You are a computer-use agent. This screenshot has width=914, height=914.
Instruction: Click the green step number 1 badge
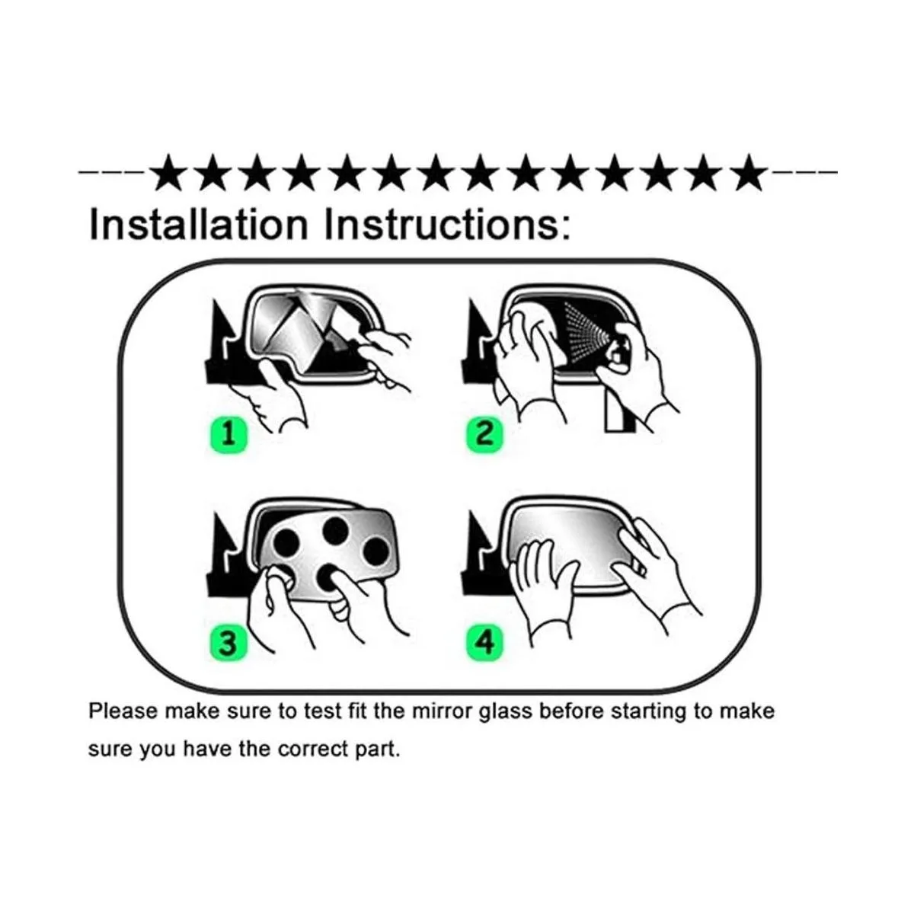(228, 434)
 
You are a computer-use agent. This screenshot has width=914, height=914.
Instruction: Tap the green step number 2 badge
(484, 434)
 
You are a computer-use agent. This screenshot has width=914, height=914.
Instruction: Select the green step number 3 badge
(228, 644)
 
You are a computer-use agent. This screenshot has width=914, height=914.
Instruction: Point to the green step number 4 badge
(484, 644)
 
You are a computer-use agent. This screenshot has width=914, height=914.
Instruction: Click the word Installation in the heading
(199, 225)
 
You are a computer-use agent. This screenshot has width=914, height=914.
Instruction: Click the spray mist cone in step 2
(586, 333)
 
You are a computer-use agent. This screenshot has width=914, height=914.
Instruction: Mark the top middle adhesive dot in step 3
(335, 531)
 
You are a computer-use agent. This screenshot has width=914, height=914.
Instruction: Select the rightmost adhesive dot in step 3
(378, 551)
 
